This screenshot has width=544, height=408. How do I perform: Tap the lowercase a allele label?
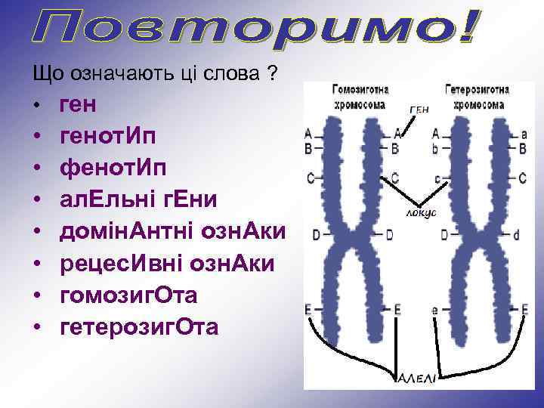click(x=524, y=133)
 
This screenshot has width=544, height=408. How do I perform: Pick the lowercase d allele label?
click(x=517, y=235)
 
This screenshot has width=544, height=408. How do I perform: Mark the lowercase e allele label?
click(x=435, y=310)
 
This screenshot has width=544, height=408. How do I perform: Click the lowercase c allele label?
click(x=437, y=178)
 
